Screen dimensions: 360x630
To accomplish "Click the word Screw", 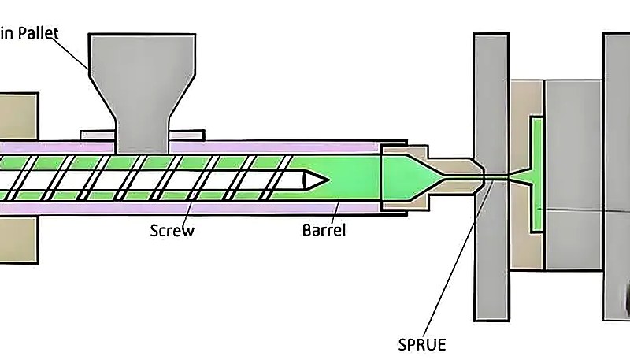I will click(x=172, y=231).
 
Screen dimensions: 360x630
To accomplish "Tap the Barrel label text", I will click(x=324, y=231).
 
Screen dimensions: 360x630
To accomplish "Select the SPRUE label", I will click(x=421, y=345).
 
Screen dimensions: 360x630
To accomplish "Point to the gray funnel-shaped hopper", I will click(x=143, y=79).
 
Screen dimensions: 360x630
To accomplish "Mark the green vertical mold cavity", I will click(x=537, y=173).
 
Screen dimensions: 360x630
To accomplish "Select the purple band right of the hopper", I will click(x=276, y=147).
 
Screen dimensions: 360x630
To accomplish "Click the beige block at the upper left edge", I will click(x=17, y=115).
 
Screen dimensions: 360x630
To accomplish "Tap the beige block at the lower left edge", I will click(x=17, y=239).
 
